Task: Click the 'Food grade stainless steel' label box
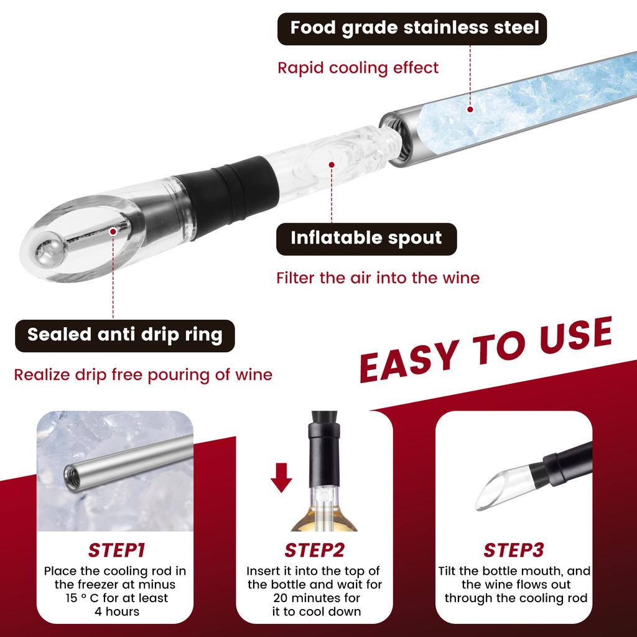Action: [412, 29]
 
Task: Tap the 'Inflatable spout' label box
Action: [366, 238]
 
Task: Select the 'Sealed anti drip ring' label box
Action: [124, 335]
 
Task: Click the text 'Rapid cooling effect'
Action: [358, 67]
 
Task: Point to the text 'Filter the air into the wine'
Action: [378, 277]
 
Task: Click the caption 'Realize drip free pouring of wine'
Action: [143, 375]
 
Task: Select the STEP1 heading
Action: [116, 551]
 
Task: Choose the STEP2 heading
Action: [314, 551]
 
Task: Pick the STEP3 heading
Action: [513, 551]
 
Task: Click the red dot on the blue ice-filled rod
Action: [470, 110]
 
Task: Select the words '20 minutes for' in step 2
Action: [314, 598]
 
